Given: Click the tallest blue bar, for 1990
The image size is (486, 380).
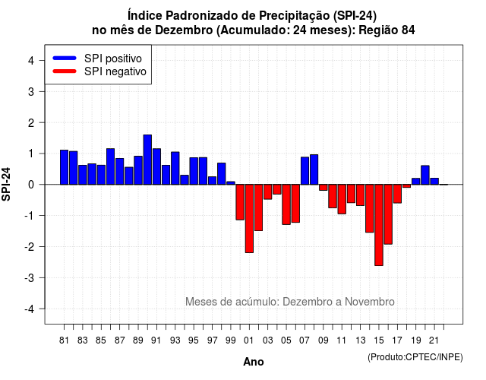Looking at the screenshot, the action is [147, 160].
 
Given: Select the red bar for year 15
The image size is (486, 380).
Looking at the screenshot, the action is [379, 225].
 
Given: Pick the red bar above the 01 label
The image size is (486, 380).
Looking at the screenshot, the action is [249, 219].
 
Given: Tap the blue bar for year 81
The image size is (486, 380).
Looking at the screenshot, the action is [64, 167].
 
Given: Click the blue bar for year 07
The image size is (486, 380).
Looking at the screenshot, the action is [305, 170].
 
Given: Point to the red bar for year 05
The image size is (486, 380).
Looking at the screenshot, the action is [286, 204].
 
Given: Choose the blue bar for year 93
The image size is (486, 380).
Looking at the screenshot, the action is [175, 168].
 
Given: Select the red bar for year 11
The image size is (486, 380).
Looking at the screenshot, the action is [342, 199].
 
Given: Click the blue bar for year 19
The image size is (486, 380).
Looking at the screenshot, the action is [416, 182].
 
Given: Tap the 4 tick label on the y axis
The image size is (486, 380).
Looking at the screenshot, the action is [31, 60].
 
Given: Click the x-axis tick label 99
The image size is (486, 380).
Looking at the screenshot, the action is [231, 340].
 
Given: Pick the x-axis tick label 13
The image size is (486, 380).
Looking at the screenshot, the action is [360, 340].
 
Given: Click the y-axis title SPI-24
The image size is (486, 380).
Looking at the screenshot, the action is [6, 184].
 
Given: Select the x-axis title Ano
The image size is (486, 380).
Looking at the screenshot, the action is [253, 362].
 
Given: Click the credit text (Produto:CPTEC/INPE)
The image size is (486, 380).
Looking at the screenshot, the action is [415, 357].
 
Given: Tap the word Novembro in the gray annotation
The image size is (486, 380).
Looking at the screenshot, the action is [370, 302].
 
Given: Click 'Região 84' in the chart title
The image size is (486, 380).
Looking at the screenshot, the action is [387, 30].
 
